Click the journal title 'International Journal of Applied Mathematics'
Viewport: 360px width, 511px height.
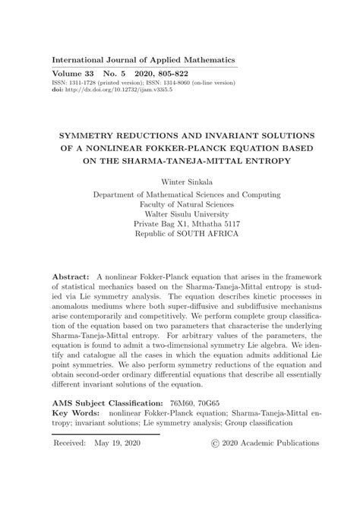pyautogui.click(x=143, y=59)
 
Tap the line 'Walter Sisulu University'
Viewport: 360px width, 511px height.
pyautogui.click(x=180, y=214)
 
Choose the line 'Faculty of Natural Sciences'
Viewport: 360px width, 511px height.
pyautogui.click(x=180, y=204)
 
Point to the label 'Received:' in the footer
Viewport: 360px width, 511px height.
pyautogui.click(x=71, y=442)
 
